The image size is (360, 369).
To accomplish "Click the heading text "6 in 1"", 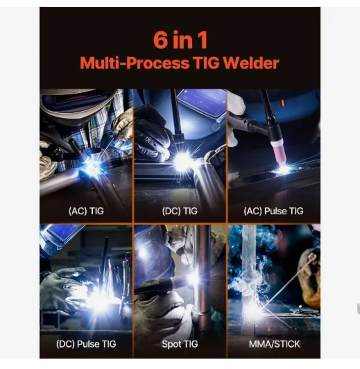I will (x=180, y=41).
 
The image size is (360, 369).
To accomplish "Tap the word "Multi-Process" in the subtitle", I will (x=134, y=63).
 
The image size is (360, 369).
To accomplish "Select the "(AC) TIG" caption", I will (x=86, y=211).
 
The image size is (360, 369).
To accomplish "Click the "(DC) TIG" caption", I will (x=180, y=211).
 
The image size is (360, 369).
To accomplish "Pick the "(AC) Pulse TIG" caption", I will (x=273, y=211).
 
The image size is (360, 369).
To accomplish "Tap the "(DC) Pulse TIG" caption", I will (x=86, y=343).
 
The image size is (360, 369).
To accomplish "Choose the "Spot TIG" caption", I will (x=180, y=344).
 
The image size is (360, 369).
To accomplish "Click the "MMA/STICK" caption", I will (x=274, y=344).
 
